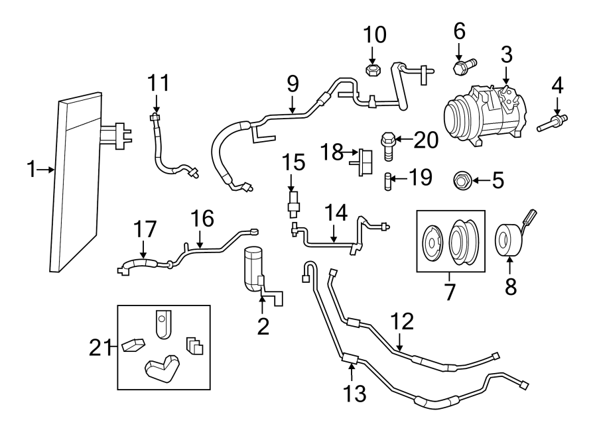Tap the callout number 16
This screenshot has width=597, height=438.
(202, 218)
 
